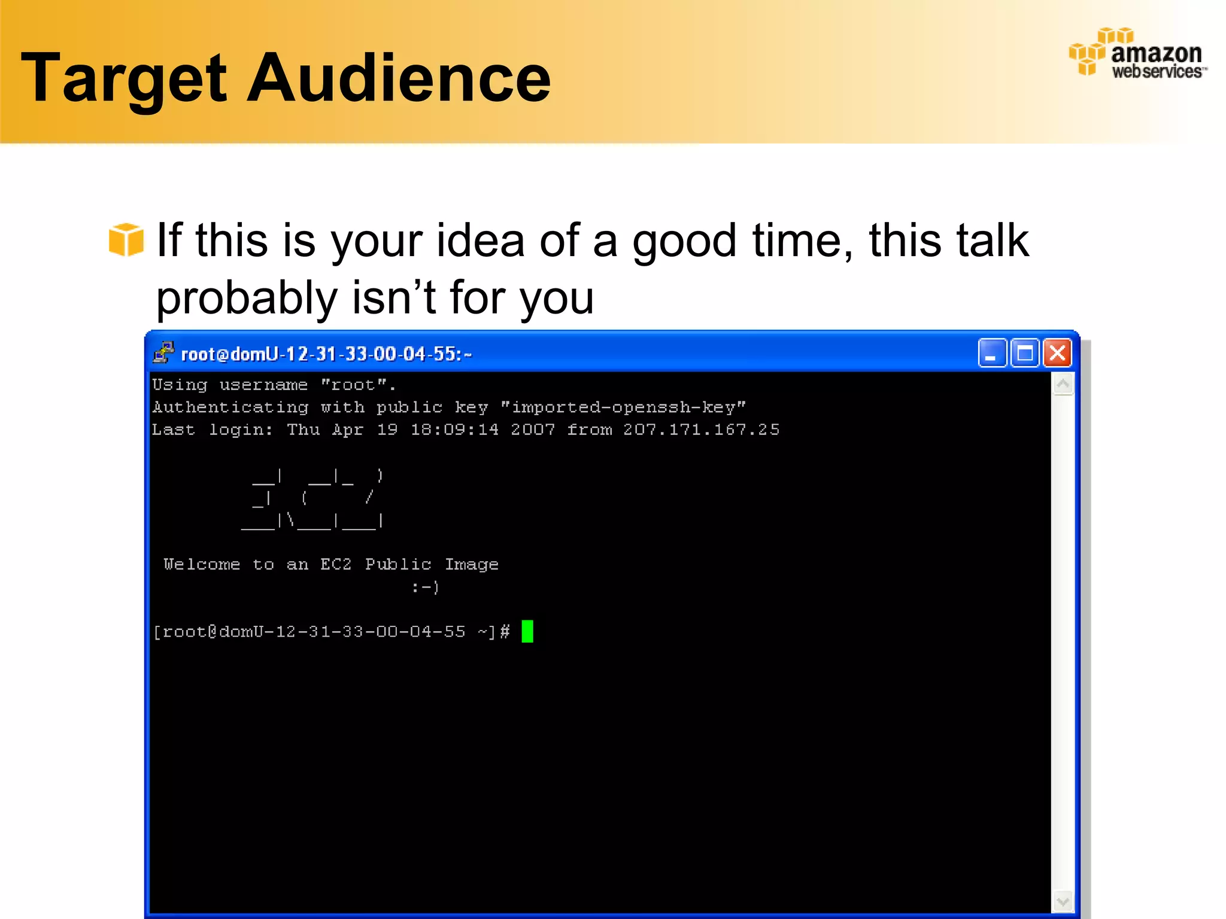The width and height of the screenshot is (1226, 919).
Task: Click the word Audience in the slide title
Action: coord(398,78)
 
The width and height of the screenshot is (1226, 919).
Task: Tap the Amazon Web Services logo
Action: coord(1137,54)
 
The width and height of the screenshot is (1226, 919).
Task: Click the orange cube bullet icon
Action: coord(126,239)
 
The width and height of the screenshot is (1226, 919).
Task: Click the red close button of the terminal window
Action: coord(1057,353)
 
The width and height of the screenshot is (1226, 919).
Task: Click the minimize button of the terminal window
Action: coord(991,353)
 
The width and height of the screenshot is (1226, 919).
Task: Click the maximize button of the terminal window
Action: coord(1024,353)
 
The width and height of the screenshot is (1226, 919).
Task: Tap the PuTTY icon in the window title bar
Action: coord(163,353)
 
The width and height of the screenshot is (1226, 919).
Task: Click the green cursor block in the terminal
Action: coord(527,631)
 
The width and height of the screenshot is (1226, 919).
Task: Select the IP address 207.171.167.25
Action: coord(701,430)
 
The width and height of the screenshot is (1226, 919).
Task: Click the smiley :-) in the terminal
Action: coord(425,587)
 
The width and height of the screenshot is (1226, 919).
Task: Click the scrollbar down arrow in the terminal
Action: coord(1063,901)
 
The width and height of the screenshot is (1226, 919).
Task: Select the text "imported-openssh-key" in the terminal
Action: coord(623,407)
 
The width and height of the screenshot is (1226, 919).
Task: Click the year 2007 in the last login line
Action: coord(532,430)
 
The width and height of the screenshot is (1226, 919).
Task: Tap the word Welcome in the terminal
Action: coord(202,564)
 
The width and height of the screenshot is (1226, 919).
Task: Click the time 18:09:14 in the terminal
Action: coord(454,430)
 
